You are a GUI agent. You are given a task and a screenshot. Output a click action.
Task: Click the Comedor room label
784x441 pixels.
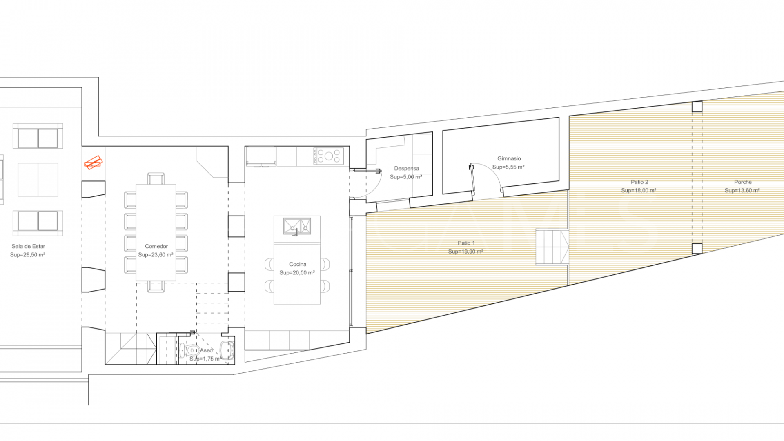156,246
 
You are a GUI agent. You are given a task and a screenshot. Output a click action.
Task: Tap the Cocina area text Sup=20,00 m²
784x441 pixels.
297,273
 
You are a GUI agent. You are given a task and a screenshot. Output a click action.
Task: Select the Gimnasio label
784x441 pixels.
509,158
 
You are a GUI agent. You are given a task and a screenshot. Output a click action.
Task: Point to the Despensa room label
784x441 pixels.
406,168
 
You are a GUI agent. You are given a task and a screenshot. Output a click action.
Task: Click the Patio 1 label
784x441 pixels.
466,243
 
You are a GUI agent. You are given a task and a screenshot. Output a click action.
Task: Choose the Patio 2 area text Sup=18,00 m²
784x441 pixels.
639,190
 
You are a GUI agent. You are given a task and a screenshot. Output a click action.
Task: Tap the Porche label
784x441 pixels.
742,182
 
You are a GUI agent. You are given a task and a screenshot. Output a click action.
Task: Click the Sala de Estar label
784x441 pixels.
28,246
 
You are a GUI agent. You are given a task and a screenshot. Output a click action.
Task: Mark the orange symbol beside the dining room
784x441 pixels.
94,163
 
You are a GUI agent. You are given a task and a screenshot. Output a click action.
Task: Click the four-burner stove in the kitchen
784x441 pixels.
329,156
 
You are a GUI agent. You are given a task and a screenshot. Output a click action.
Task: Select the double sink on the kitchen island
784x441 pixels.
297,226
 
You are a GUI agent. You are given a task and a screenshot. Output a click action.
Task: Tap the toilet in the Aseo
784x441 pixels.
189,350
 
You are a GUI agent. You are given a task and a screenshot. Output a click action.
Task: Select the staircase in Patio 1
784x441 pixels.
552,247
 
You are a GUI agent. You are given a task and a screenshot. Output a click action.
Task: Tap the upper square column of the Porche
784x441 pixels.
697,107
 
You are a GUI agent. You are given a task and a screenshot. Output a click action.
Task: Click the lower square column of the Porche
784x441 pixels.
697,249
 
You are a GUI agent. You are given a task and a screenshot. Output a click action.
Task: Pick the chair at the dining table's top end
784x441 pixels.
156,178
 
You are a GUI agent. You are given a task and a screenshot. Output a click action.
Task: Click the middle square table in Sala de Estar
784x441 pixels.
38,180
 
